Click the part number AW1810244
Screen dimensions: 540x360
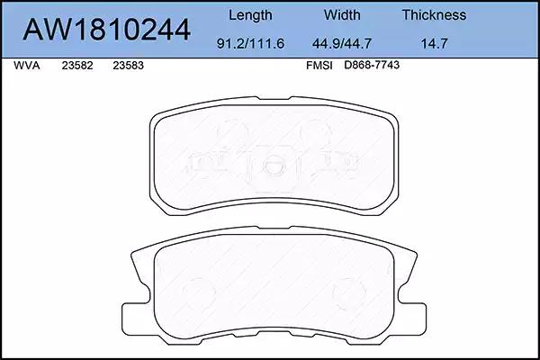point(106,30)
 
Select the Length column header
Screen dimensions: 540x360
point(250,15)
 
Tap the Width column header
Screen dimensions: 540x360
point(342,14)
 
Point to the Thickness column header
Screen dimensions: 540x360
point(434,14)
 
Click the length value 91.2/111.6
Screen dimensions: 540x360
point(250,43)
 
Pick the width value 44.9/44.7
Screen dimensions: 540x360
point(342,43)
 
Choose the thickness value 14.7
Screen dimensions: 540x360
point(435,43)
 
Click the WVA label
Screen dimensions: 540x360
point(26,66)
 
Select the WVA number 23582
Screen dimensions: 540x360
point(77,66)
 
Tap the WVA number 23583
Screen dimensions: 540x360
point(128,66)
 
